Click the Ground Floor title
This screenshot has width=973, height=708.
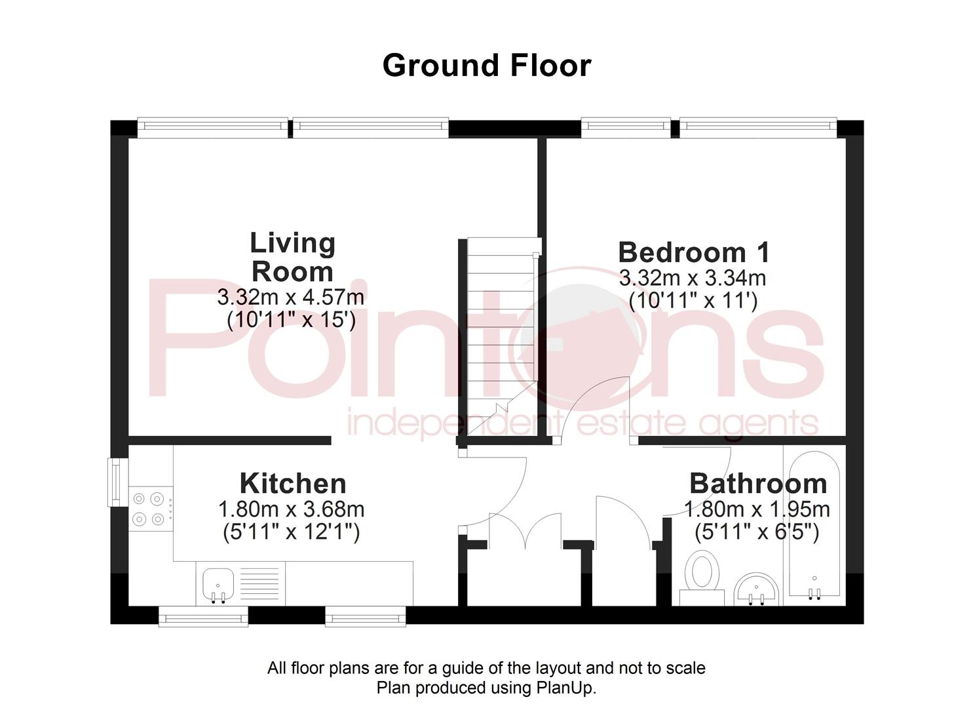(486, 66)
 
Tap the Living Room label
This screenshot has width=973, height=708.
(292, 257)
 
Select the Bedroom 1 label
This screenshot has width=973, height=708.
(693, 252)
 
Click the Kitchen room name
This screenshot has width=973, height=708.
(293, 484)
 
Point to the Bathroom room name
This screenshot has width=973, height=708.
(757, 484)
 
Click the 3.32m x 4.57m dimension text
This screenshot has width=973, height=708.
(290, 297)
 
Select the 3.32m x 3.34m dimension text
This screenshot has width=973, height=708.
(693, 278)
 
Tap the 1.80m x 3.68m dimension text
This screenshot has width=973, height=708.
(291, 509)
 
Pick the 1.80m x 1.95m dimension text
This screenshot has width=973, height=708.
(757, 509)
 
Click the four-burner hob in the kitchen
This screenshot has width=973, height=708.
(149, 509)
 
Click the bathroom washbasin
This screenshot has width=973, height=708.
(756, 588)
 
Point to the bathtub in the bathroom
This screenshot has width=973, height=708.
(814, 524)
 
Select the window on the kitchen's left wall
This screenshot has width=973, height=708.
(117, 482)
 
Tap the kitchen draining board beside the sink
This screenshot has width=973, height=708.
(256, 583)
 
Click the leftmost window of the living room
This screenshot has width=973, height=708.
(212, 128)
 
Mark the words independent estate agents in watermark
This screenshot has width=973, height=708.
(582, 423)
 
